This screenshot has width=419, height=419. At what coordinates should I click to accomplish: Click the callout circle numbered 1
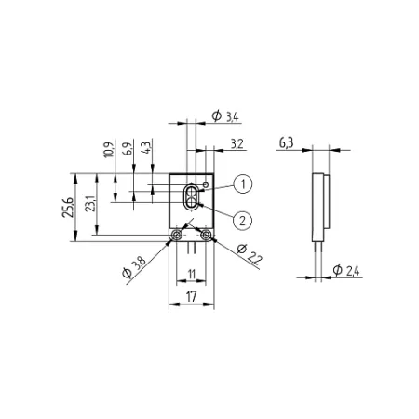[243, 184]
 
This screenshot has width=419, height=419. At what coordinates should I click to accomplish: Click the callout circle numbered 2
[242, 221]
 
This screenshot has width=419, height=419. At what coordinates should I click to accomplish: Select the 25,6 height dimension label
[69, 207]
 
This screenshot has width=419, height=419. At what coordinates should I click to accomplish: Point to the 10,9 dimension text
[109, 150]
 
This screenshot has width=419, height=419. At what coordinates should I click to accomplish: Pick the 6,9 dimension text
[128, 147]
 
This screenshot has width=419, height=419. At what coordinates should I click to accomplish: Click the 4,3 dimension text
[146, 147]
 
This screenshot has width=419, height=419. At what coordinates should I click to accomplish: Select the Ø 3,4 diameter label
[225, 116]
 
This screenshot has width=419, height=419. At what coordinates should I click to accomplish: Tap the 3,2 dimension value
[237, 144]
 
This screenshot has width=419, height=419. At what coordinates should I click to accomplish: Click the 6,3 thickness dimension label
[286, 143]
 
